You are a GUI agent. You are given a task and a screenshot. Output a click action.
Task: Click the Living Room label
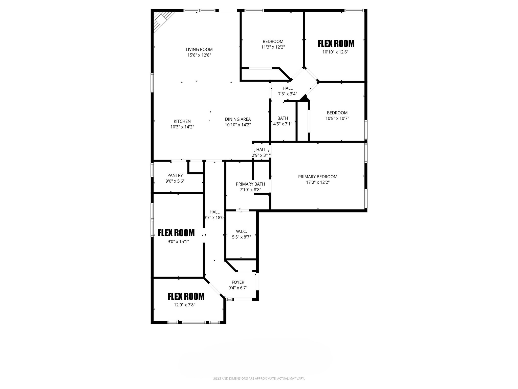pos(199,49)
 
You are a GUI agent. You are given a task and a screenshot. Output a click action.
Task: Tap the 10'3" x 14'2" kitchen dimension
pos(182,127)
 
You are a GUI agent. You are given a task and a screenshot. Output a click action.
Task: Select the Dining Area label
pos(238,119)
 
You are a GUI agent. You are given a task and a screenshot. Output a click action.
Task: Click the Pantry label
pos(175,175)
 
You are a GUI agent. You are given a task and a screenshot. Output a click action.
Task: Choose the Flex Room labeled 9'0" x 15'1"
pos(176,233)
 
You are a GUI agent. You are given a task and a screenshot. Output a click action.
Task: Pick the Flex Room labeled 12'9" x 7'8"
pos(186,296)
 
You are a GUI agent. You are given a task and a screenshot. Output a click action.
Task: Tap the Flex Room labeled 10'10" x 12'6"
pos(336,44)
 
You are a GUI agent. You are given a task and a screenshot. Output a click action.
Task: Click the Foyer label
pos(238,282)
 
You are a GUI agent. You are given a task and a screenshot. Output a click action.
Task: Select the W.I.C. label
pos(241,231)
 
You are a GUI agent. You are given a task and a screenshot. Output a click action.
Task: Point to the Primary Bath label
pos(250,184)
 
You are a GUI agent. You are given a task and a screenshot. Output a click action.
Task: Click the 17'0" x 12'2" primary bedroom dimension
pos(318,182)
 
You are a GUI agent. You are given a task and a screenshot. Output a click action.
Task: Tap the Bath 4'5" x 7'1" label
pos(283,118)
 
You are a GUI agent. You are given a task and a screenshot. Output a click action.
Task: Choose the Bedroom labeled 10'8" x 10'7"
pos(337,113)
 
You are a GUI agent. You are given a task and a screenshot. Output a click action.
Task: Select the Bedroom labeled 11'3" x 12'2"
pos(273,41)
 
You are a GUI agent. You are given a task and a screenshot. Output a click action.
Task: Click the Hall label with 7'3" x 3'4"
pos(288,88)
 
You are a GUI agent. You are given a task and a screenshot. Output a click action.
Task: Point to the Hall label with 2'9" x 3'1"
pos(261,150)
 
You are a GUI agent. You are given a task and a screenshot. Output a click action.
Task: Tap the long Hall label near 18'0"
pos(214,212)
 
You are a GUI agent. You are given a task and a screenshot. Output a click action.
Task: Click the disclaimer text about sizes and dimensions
pos(259,378)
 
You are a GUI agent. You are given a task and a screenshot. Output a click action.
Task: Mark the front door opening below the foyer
pos(242,299)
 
